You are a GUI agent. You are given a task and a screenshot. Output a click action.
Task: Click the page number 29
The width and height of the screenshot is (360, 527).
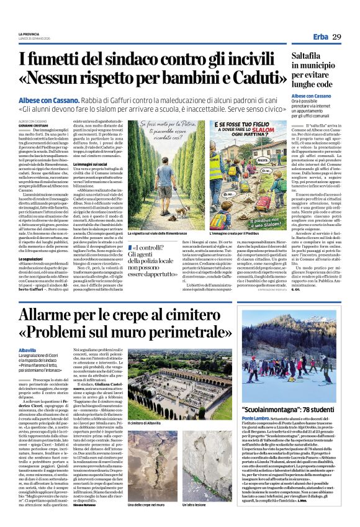tap(336, 37)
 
